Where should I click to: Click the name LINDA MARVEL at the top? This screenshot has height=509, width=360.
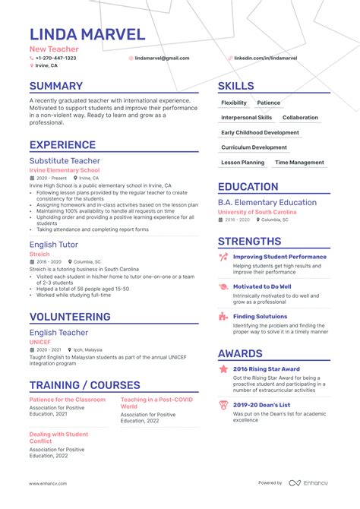[87, 34]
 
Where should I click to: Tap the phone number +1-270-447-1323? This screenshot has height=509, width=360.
[55, 58]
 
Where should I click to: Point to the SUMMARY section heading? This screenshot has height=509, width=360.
[56, 87]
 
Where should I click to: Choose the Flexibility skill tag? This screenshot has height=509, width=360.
[234, 103]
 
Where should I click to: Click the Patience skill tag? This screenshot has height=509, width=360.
[268, 103]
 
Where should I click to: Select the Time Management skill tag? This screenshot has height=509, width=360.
[299, 163]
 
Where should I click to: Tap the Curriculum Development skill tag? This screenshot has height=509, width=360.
[254, 147]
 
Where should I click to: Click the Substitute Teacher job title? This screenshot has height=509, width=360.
[64, 161]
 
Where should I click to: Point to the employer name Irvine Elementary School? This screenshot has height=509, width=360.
[65, 170]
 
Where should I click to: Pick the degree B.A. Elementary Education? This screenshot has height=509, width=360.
[267, 202]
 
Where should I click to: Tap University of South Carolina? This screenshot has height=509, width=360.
[257, 211]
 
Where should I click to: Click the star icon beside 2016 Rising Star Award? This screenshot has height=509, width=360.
[223, 369]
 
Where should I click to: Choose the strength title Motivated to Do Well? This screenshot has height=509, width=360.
[262, 286]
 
